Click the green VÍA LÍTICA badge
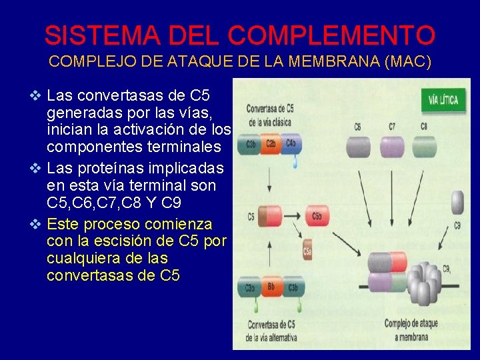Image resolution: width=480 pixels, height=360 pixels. tap(443, 101)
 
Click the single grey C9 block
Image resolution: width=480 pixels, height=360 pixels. tap(457, 202)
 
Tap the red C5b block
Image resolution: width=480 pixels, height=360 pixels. tap(317, 215)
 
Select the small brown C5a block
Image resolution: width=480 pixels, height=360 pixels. tap(308, 251)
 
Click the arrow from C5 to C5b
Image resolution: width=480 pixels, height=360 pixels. tap(293, 215)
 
